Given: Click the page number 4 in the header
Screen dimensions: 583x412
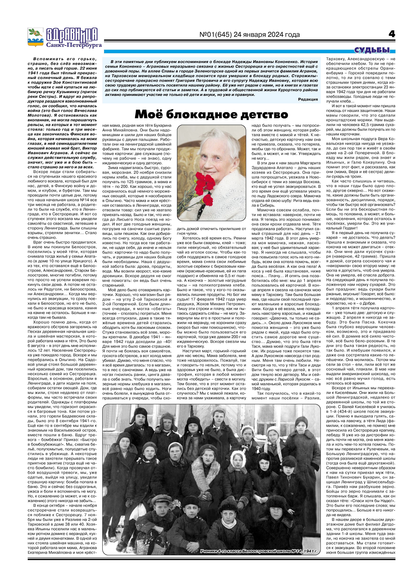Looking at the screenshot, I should tap(392, 34).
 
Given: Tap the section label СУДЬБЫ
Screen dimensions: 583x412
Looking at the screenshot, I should tap(372, 50).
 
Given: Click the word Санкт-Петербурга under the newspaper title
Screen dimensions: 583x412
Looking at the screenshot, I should tap(74, 45).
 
